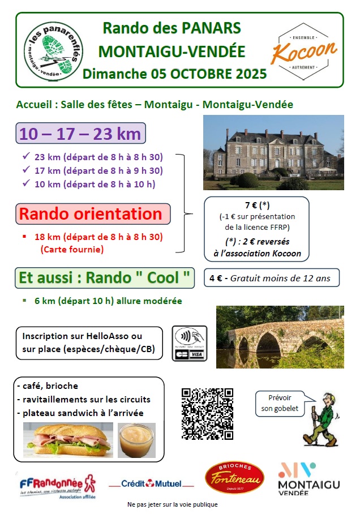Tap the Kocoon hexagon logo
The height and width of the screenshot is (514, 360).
point(304,50)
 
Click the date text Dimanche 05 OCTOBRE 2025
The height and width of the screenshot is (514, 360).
point(174,74)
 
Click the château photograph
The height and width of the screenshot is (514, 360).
point(273,152)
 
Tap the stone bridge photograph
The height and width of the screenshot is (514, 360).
point(280,337)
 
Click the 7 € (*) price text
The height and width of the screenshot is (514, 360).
point(256,205)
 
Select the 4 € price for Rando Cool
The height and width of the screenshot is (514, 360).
point(215,278)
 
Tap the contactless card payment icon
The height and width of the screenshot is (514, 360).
point(190,343)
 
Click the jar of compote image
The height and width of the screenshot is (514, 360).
point(136,440)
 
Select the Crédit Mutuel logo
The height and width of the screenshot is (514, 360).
point(150,483)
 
